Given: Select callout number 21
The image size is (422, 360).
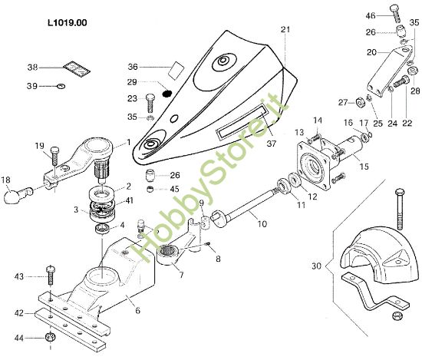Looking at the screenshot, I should click(x=285, y=30).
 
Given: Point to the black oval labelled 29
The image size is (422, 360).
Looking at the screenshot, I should click(x=168, y=94).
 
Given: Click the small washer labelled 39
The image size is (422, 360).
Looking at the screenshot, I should click(x=61, y=86).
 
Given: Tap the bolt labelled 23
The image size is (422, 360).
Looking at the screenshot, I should click(x=150, y=101).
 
